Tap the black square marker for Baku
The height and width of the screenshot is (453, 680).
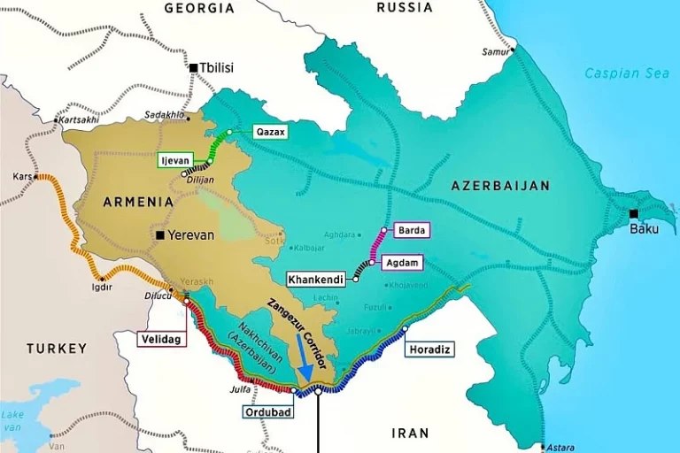(x=633, y=213)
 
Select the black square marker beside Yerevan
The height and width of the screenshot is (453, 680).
(x=160, y=235)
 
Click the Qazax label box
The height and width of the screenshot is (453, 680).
(x=271, y=131)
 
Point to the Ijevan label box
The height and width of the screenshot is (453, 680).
(x=176, y=160)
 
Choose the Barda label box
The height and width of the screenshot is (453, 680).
(x=412, y=230)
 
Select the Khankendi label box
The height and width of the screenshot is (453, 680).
(x=315, y=279)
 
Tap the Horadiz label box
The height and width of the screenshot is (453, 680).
(x=430, y=349)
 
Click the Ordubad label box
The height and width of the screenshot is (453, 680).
(x=268, y=411)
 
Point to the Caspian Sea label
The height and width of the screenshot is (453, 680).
(x=627, y=73)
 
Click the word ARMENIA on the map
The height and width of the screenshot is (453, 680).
(x=138, y=202)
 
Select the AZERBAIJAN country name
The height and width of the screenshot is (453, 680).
(x=500, y=186)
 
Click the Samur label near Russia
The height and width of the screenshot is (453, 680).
(x=496, y=51)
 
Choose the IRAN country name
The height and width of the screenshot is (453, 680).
(x=410, y=434)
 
